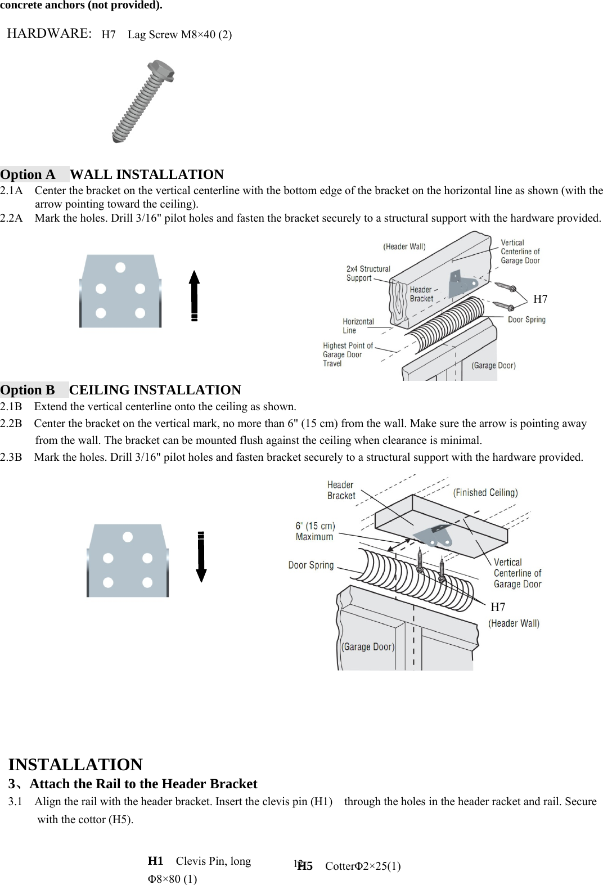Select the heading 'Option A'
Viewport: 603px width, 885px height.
pyautogui.click(x=28, y=174)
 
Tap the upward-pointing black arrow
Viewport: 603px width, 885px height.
pyautogui.click(x=194, y=295)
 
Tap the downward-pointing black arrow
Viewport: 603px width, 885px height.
pyautogui.click(x=201, y=556)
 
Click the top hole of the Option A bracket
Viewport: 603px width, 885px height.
pyautogui.click(x=120, y=267)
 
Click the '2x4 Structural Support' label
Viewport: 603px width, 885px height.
pyautogui.click(x=367, y=273)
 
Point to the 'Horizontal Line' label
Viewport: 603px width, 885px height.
pyautogui.click(x=358, y=326)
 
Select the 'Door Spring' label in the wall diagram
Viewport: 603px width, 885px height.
pyautogui.click(x=526, y=320)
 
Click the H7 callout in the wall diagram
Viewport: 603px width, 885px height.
pyautogui.click(x=540, y=299)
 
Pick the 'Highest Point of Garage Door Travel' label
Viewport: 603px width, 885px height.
pyautogui.click(x=347, y=354)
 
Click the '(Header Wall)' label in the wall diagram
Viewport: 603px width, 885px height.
pyautogui.click(x=404, y=246)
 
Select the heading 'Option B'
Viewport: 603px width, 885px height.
pyautogui.click(x=28, y=390)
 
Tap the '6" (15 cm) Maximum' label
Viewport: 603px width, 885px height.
pyautogui.click(x=315, y=531)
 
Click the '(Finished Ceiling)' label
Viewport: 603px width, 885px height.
pyautogui.click(x=485, y=493)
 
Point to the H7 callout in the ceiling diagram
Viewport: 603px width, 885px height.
pyautogui.click(x=498, y=607)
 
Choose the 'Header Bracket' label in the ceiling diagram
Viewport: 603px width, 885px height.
pyautogui.click(x=341, y=490)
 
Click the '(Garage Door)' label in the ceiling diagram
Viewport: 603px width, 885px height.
pyautogui.click(x=368, y=647)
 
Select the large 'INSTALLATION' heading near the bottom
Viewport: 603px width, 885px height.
pyautogui.click(x=75, y=765)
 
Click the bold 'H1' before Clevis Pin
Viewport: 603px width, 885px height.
pyautogui.click(x=155, y=861)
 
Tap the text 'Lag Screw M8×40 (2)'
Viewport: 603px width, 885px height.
pyautogui.click(x=179, y=35)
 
